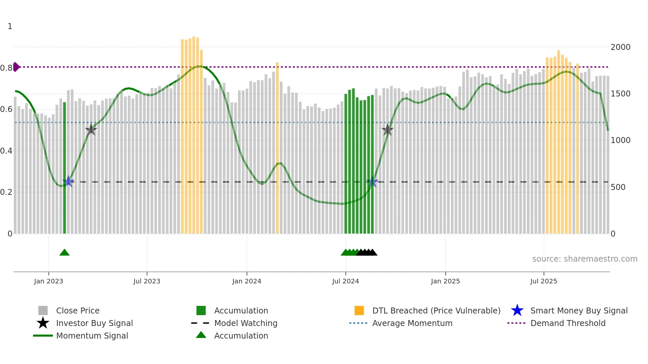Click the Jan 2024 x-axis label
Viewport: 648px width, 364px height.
pos(247,281)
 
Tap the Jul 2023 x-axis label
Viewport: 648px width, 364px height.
pos(147,281)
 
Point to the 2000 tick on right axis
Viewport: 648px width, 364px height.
pos(620,47)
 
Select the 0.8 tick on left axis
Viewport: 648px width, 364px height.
pos(6,68)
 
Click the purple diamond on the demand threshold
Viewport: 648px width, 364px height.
pos(16,67)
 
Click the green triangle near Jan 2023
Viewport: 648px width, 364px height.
pos(64,253)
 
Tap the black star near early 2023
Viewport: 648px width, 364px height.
pos(91,130)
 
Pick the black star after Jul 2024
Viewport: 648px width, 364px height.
pos(387,130)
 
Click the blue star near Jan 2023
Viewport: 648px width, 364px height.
pos(68,181)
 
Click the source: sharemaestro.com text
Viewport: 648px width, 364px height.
pos(585,259)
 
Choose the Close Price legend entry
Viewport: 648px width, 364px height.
pos(78,311)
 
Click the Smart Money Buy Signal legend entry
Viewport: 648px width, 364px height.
pos(579,311)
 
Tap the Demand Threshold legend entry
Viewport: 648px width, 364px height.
pos(568,323)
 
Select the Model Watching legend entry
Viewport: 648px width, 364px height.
pos(245,323)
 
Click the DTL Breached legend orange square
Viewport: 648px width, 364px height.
pos(359,311)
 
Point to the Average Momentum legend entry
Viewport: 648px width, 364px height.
pos(412,323)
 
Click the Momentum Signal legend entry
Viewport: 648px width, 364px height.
pos(92,336)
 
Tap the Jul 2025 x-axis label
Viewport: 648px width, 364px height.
pos(544,281)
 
